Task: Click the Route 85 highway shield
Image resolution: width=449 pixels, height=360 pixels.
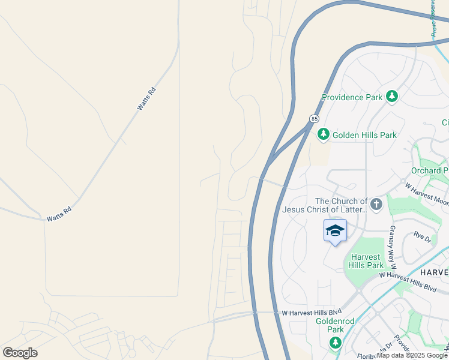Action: coord(314,119)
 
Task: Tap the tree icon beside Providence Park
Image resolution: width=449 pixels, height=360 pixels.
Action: coord(392,97)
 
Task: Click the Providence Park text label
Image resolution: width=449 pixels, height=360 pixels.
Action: coord(352,97)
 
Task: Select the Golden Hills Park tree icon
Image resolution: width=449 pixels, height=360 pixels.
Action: coord(324,134)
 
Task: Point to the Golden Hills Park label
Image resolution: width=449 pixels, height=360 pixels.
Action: coord(364,135)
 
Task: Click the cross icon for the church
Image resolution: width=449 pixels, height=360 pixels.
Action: coord(376,205)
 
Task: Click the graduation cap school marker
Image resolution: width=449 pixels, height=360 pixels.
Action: coord(335,230)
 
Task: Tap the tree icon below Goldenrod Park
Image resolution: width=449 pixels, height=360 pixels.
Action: coord(336,343)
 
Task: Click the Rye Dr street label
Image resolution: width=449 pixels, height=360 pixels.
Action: coord(423,237)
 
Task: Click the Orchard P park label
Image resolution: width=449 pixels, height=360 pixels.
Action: coord(430,170)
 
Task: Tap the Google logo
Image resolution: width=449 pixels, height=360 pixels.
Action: coord(20,353)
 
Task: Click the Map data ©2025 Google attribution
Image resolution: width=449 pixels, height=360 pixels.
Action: coord(412,356)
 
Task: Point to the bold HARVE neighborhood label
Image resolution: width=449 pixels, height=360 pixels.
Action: coord(433,272)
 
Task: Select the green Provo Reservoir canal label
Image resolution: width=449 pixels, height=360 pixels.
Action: coord(433,18)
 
